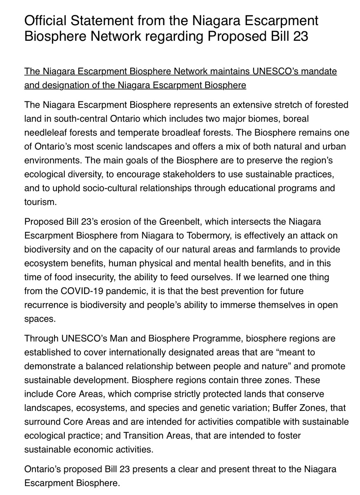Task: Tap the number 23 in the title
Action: click(x=299, y=36)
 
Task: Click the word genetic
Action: click(x=240, y=408)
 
